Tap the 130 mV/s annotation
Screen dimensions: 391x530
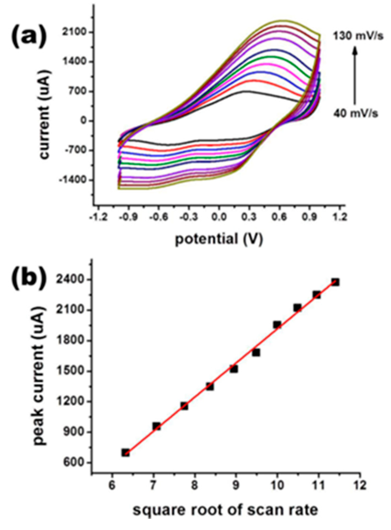pyautogui.click(x=358, y=36)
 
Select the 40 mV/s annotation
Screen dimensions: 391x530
pyautogui.click(x=355, y=113)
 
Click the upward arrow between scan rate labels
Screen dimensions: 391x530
pyautogui.click(x=355, y=75)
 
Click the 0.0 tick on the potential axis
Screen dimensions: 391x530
pyautogui.click(x=219, y=217)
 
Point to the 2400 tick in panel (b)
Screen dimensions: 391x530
pyautogui.click(x=76, y=280)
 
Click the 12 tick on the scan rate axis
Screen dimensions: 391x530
pyautogui.click(x=360, y=485)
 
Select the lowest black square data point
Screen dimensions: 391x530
pyautogui.click(x=126, y=453)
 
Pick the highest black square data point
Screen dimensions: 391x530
pyautogui.click(x=335, y=282)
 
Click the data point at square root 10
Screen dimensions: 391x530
pyautogui.click(x=277, y=325)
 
